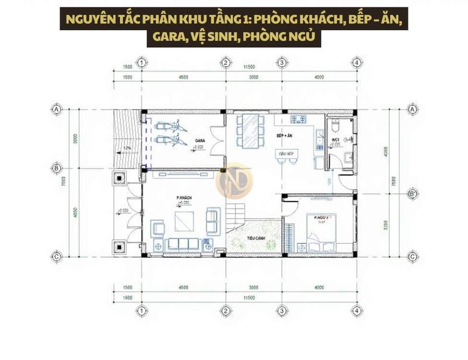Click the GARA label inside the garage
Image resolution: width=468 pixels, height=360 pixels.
200,140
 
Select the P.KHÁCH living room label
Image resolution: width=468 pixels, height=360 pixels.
184,197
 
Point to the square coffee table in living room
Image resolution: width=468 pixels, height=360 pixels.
184,222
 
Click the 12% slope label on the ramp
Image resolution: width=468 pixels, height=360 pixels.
127,148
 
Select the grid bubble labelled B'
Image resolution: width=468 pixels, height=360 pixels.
411,194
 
